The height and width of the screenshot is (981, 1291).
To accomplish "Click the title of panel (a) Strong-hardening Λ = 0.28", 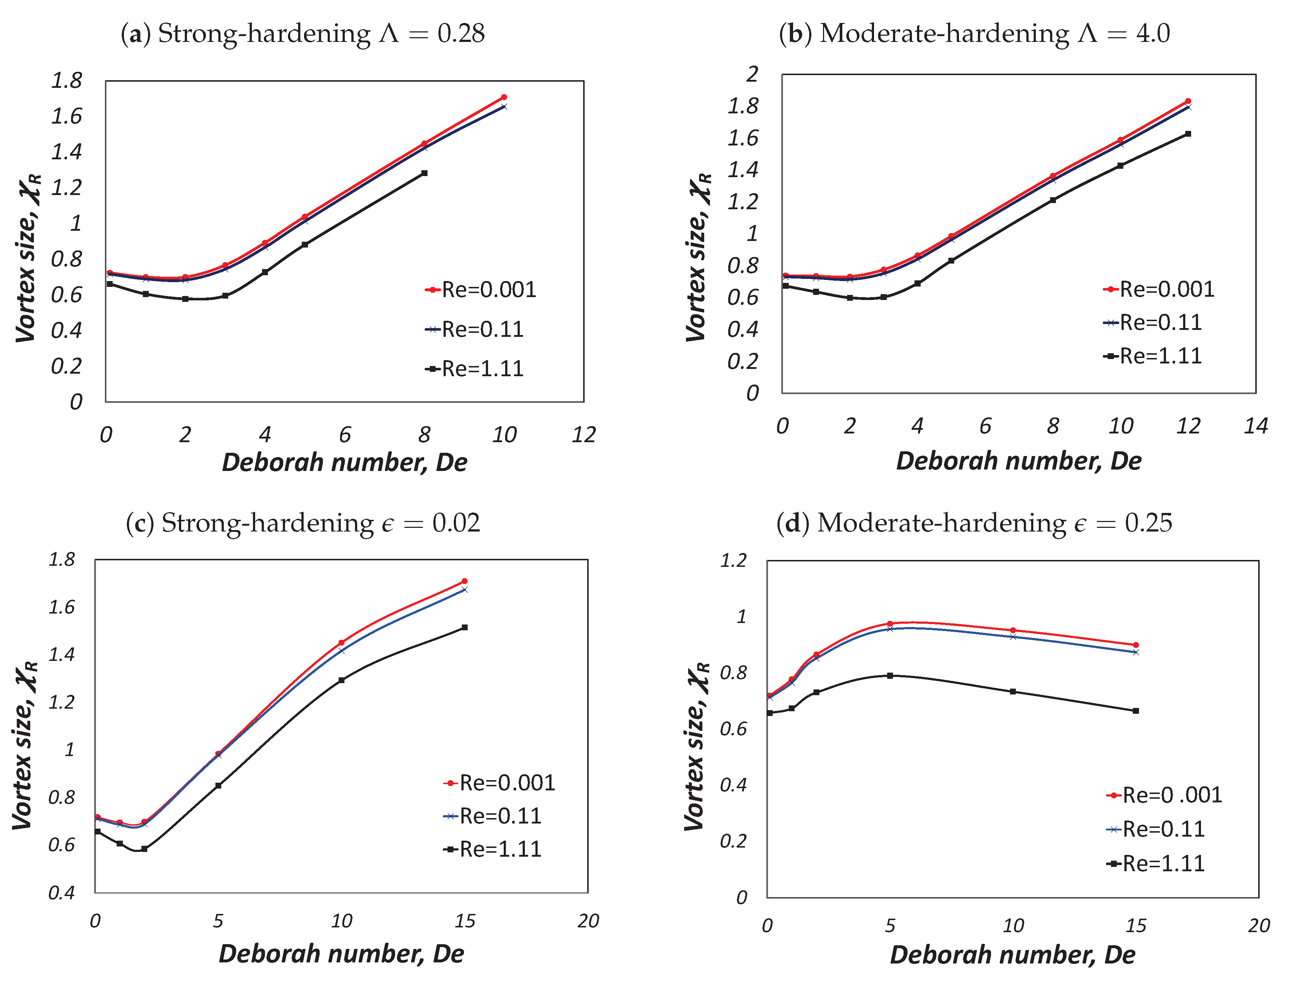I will pos(303,33).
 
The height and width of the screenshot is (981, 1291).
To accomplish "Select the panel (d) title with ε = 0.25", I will pos(974,523).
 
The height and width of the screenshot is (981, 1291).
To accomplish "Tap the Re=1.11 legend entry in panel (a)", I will pos(474,369).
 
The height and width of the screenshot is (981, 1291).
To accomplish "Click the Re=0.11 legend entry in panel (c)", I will pos(492,816).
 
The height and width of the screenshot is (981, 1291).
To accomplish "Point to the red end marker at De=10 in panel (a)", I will pos(504,97).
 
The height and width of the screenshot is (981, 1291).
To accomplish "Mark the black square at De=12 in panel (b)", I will pos(1187,134).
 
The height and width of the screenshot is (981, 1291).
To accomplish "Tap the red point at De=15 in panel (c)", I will pos(465,581).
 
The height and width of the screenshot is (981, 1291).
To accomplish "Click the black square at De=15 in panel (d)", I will pos(1136,711).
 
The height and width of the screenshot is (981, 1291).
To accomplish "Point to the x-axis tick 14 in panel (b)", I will pos(1255,426).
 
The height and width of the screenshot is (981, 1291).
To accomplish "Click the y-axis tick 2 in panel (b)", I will pos(752,74).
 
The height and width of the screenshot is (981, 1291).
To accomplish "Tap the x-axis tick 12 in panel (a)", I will pos(583,435).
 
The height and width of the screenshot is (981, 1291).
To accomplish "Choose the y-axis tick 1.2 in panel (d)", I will pos(733,561).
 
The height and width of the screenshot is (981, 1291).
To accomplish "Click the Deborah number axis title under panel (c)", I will pos(342,954).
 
